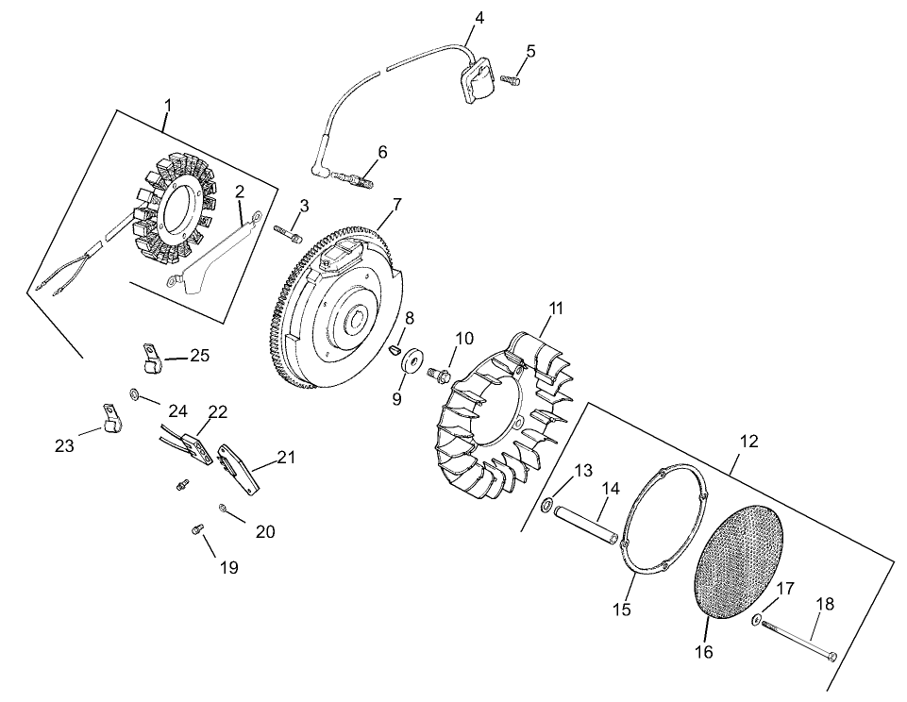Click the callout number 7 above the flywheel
(x=397, y=204)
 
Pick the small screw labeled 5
(x=511, y=81)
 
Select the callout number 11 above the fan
(x=556, y=308)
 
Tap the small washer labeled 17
(x=757, y=620)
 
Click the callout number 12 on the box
(x=748, y=441)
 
